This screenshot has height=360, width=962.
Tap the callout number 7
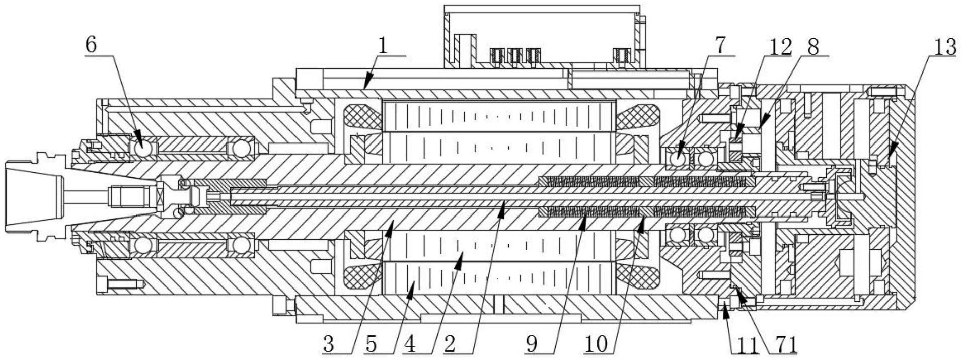point(720,45)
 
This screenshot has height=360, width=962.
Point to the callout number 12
point(780,46)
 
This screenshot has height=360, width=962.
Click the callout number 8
point(812,46)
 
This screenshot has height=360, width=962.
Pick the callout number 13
point(944,47)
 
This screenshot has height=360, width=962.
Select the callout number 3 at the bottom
point(329,345)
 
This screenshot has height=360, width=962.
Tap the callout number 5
point(371,345)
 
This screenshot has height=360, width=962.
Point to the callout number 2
point(450,345)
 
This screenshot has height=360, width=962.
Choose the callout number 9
point(532,345)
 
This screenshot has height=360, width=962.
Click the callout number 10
point(597,345)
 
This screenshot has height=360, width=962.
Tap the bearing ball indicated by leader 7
point(677,159)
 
